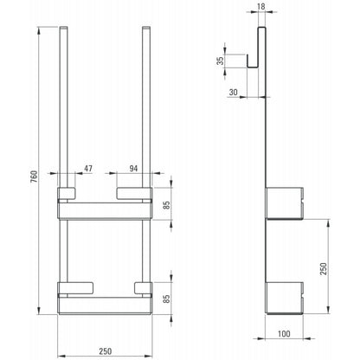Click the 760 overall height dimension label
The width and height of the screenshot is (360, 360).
tap(34, 177)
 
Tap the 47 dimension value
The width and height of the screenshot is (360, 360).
tap(88, 169)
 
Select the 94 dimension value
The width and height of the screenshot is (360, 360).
tap(133, 169)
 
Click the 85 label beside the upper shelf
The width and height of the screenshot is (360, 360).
tap(166, 205)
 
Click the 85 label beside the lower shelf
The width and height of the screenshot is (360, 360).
tap(166, 299)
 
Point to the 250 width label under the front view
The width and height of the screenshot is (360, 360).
tap(105, 351)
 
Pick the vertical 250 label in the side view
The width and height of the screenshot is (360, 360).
tap(324, 269)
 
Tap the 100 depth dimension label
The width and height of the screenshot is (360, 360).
tap(284, 334)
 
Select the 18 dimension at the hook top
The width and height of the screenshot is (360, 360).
tap(260, 7)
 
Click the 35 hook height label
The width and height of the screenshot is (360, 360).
tap(220, 61)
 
